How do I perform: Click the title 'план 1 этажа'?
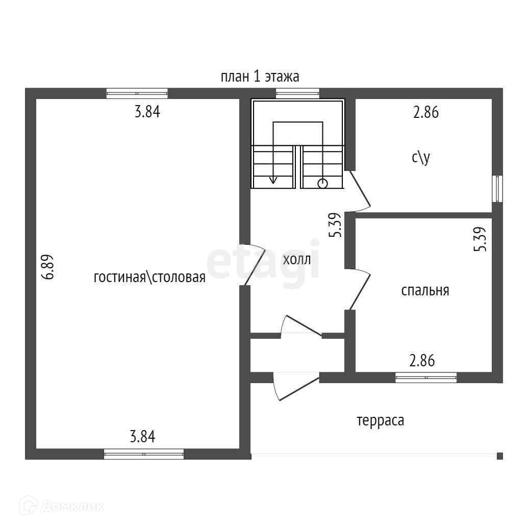coord(260,77)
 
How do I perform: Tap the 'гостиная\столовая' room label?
coord(149,278)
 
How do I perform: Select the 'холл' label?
coord(296,259)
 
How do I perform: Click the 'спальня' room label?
coord(425,290)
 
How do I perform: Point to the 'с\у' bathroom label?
coord(421,158)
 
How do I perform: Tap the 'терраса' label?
coord(380,421)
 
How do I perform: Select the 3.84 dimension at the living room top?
coord(147,112)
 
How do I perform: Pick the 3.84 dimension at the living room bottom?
coord(142,437)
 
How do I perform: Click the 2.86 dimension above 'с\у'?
coord(425,112)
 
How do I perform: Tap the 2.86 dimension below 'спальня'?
coord(422,361)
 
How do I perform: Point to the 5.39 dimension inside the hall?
coord(335,225)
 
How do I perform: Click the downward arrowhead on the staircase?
coord(273,180)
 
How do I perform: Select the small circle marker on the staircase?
coord(322,183)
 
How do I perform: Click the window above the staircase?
coord(297,93)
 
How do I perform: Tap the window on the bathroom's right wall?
coord(497,189)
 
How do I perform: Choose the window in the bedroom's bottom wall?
coord(426,378)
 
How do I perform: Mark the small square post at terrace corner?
coord(500,456)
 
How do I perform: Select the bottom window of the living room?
coord(144,454)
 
